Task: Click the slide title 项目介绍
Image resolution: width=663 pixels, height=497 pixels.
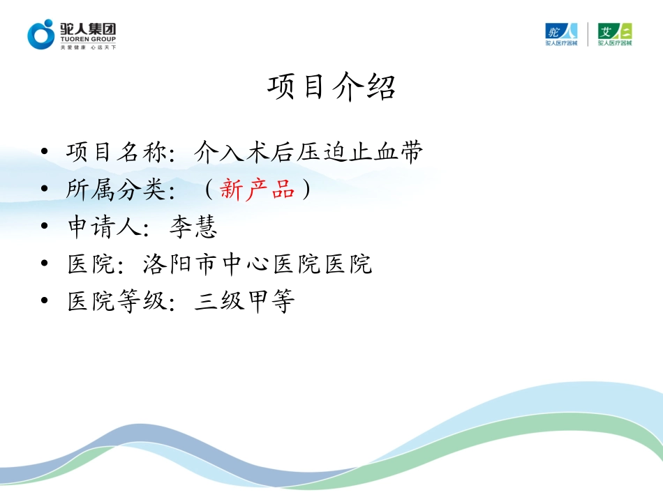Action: (x=331, y=89)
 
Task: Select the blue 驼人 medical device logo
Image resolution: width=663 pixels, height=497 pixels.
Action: (x=561, y=33)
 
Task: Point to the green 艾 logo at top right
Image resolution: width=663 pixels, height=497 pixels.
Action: (x=615, y=33)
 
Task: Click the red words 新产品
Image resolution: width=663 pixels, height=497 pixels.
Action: (x=258, y=190)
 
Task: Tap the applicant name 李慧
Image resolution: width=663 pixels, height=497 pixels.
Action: (x=194, y=227)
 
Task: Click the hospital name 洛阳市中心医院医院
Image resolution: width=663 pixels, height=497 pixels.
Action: (x=257, y=265)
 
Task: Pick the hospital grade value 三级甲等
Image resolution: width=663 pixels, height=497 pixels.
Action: (x=244, y=303)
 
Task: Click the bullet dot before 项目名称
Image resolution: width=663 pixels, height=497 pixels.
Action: (x=45, y=152)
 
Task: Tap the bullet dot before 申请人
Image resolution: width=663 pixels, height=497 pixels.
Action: (x=45, y=227)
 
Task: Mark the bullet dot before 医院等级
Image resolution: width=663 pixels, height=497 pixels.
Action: (x=45, y=303)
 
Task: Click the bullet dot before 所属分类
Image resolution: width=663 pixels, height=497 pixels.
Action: (x=45, y=190)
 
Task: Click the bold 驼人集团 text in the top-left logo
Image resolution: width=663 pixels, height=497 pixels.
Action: (x=88, y=29)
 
